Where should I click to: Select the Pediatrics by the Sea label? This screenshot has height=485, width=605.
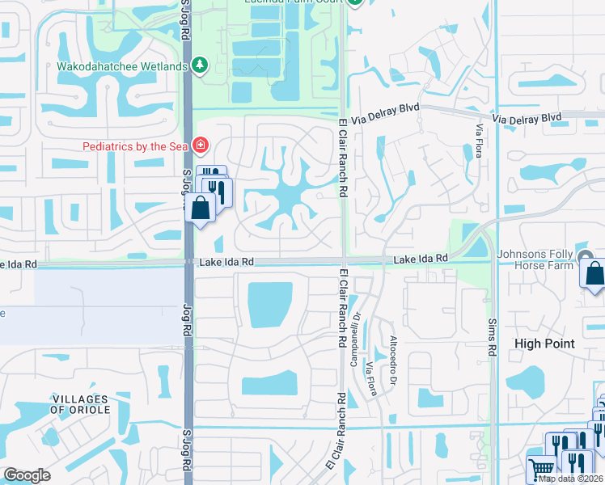point(134,146)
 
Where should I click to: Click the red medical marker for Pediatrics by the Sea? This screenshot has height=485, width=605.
point(199,146)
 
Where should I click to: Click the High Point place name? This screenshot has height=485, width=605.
point(545,344)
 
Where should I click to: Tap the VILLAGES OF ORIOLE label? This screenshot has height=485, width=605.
point(80,405)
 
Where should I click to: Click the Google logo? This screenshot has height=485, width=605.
point(27,475)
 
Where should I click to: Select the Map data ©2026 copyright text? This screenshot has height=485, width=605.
point(571,479)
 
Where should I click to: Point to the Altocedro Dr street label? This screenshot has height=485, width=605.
point(394,351)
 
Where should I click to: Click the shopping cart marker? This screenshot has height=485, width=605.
point(540,470)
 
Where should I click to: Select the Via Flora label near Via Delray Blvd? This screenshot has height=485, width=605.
point(480,133)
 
